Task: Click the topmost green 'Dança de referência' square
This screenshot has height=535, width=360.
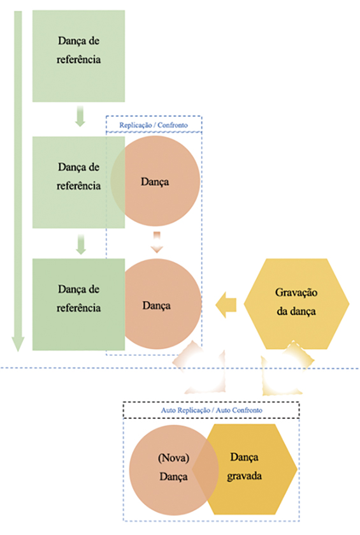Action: [78, 56]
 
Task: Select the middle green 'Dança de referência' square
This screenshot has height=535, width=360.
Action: [78, 182]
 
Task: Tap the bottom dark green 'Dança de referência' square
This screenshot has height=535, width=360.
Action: [78, 304]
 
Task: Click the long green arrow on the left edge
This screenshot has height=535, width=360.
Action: [18, 181]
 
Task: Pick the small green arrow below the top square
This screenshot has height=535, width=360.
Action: [80, 116]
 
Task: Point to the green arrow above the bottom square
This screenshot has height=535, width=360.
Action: [80, 244]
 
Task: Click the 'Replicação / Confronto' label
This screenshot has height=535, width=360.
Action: [154, 125]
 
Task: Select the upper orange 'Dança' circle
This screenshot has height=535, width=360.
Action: [155, 181]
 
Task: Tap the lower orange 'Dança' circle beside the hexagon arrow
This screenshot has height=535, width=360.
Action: [157, 304]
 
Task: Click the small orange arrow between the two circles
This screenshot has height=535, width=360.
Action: [157, 242]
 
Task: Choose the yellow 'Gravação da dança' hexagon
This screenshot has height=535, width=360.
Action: [296, 304]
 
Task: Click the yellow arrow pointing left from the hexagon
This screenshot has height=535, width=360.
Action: [226, 305]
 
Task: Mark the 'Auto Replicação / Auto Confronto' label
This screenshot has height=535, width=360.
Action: [212, 410]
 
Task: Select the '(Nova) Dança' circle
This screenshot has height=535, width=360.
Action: [174, 470]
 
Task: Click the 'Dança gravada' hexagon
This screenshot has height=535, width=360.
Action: [245, 469]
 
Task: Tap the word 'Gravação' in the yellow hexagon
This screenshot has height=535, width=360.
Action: [296, 293]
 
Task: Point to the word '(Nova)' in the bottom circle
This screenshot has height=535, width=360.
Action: [173, 458]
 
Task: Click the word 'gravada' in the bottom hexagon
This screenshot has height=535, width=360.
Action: [245, 476]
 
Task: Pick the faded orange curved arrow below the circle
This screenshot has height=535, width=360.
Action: [199, 367]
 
